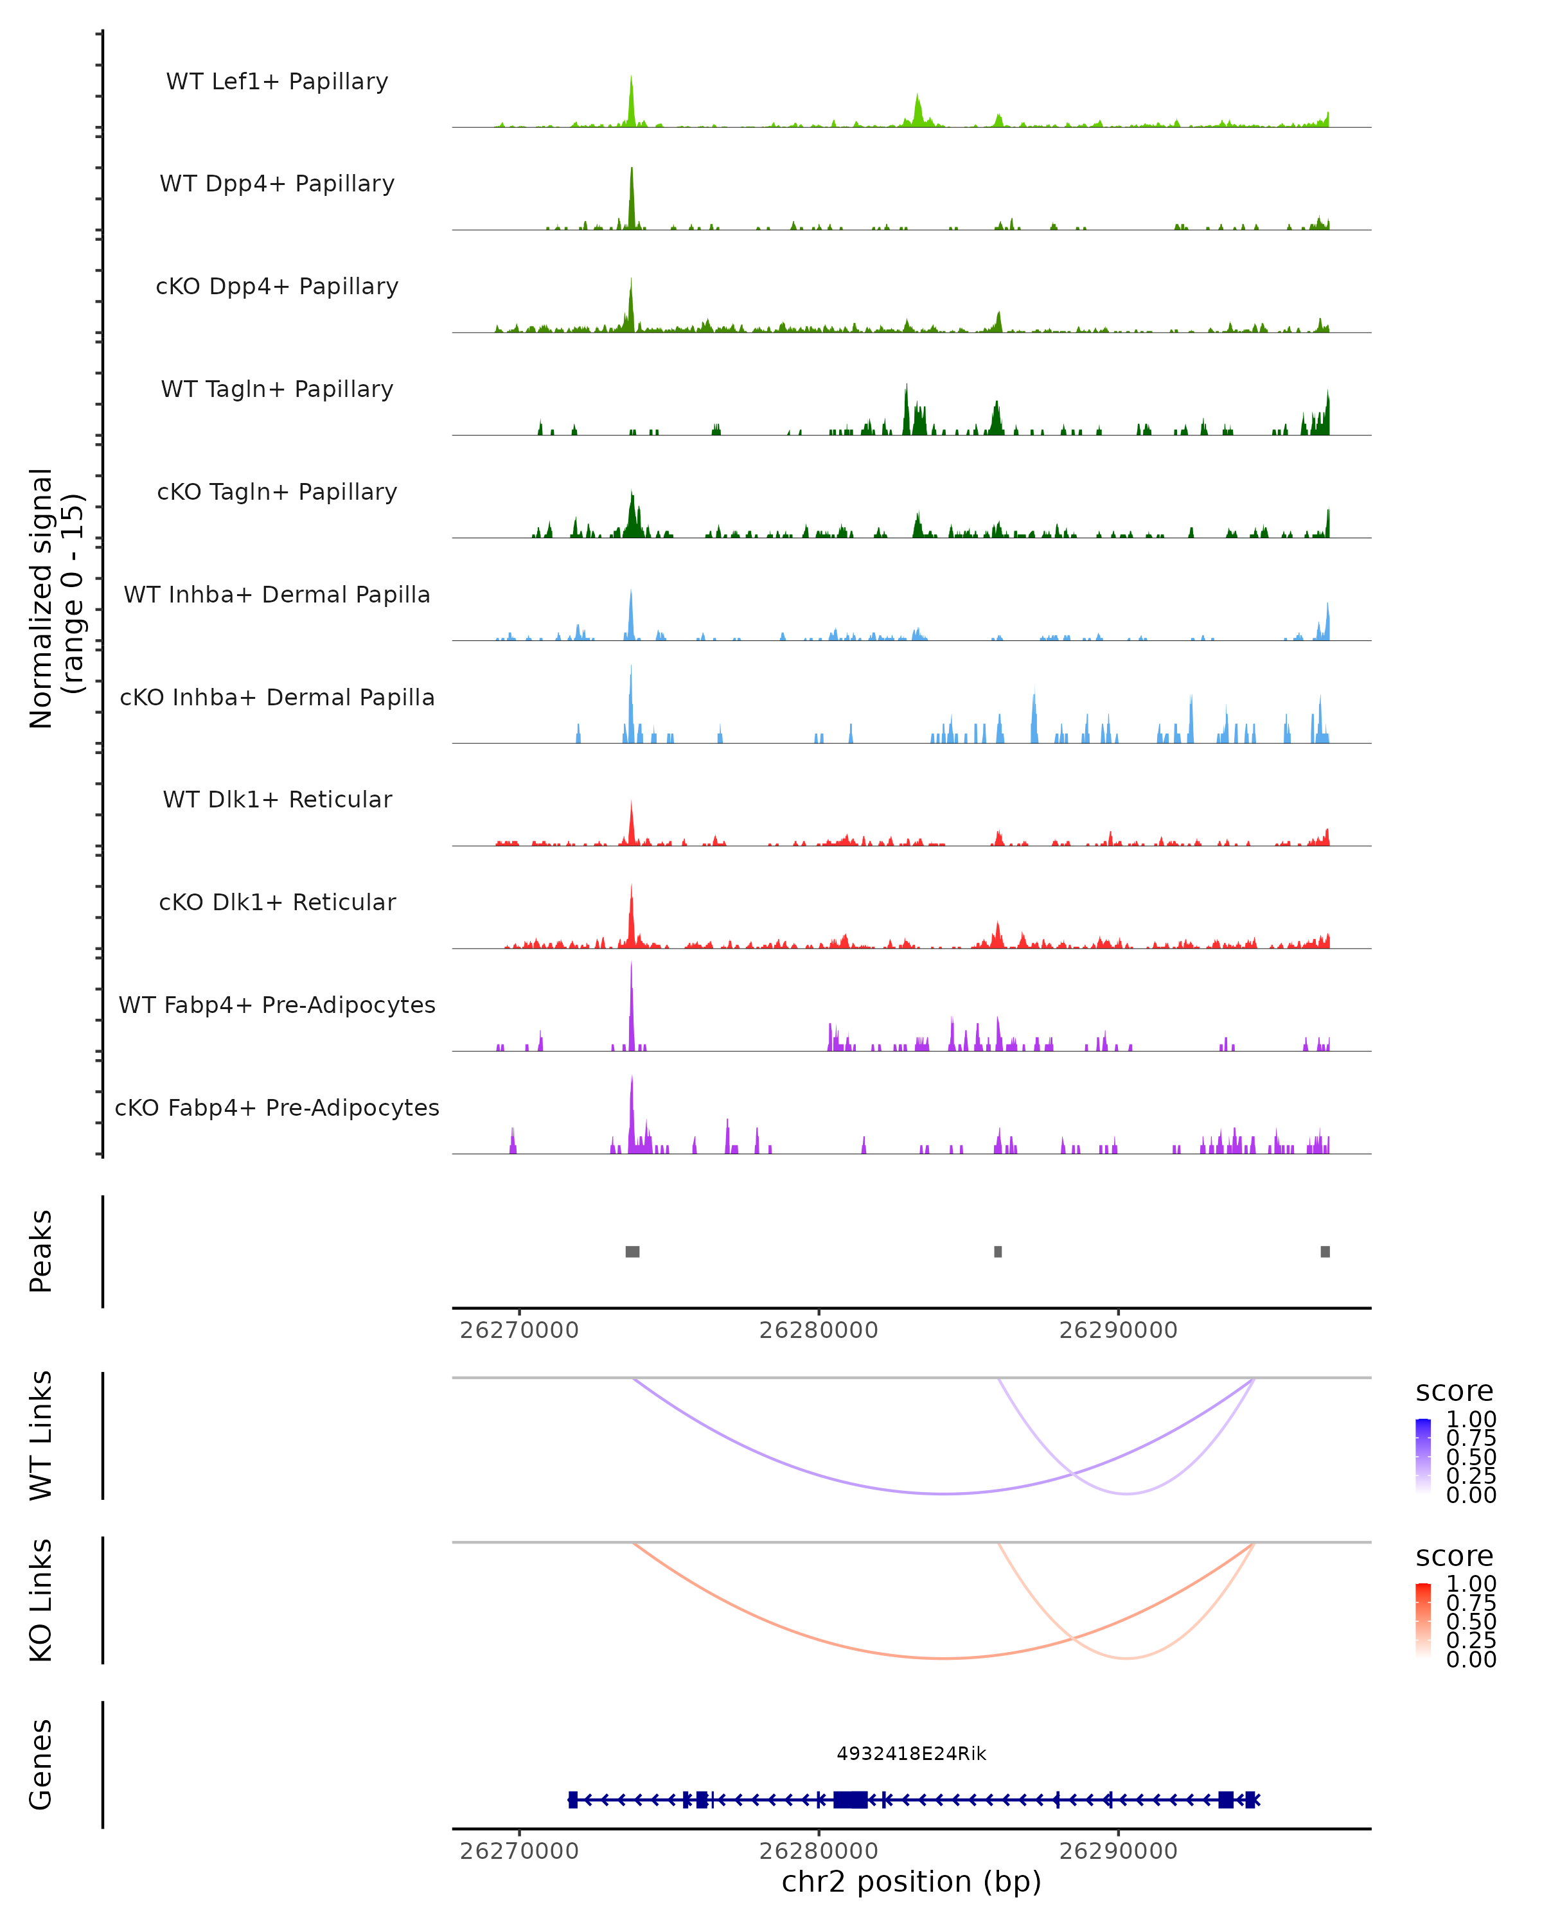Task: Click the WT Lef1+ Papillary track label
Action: pos(277,82)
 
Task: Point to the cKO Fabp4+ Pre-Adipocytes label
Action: pos(277,1107)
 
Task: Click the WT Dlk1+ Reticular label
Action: pos(277,799)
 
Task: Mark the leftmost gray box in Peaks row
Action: pos(632,1251)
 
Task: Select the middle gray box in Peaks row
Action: pos(998,1251)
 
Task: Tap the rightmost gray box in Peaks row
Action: pos(1325,1251)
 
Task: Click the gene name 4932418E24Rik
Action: pos(911,1754)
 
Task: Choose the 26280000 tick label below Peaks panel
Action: pos(818,1330)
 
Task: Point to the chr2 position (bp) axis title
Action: pos(911,1881)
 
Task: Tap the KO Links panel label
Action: pos(41,1600)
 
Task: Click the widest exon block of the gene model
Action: pos(849,1799)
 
